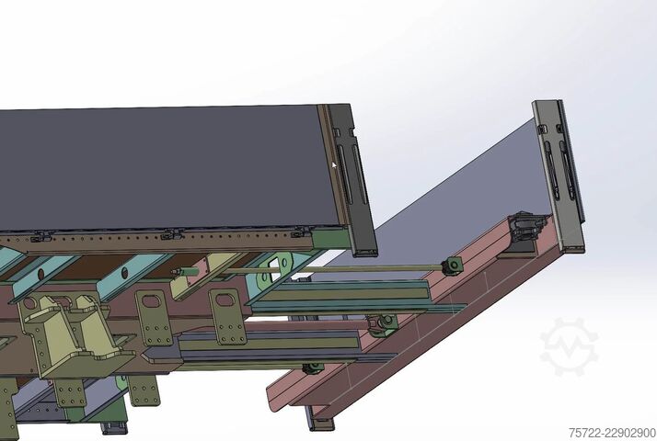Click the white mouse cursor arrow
(334, 165)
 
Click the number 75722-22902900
(612, 433)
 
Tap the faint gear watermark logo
(570, 346)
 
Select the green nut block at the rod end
(454, 266)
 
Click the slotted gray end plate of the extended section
(559, 175)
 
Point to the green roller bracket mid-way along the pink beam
(384, 324)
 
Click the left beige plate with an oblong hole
(154, 318)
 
